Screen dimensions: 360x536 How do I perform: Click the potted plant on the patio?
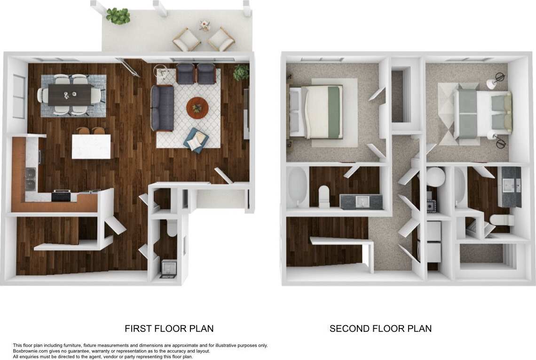pyautogui.click(x=118, y=16)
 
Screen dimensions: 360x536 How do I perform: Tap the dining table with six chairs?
pyautogui.click(x=70, y=95)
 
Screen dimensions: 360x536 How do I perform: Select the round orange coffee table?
pyautogui.click(x=197, y=108)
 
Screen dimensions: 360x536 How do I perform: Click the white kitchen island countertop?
pyautogui.click(x=91, y=146)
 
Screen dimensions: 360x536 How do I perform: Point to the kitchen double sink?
pyautogui.click(x=31, y=179)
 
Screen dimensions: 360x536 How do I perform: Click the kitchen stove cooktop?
pyautogui.click(x=61, y=194)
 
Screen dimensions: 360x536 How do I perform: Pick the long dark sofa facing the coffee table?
pyautogui.click(x=162, y=108)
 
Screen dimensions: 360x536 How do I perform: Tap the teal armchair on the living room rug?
pyautogui.click(x=196, y=140)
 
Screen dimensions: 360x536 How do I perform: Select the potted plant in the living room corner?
pyautogui.click(x=241, y=72)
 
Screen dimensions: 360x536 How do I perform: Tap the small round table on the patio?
pyautogui.click(x=205, y=26)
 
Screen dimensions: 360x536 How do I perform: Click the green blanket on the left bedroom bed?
pyautogui.click(x=334, y=112)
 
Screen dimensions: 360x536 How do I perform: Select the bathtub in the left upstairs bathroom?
pyautogui.click(x=297, y=187)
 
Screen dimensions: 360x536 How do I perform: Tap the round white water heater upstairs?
pyautogui.click(x=435, y=177)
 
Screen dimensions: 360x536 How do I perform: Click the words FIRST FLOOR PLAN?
pyautogui.click(x=169, y=328)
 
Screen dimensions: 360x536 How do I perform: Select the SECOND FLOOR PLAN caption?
pyautogui.click(x=380, y=328)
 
